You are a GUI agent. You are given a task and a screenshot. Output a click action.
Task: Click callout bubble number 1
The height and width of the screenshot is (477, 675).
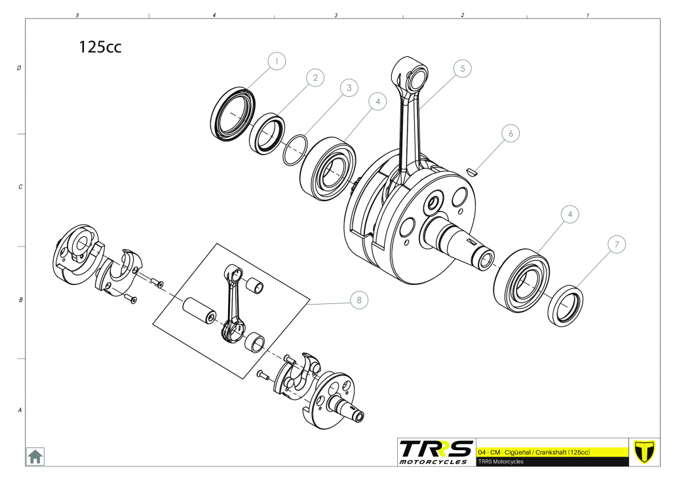tap(277, 61)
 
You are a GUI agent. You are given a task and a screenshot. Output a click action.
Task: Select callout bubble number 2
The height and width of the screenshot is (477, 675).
tap(315, 77)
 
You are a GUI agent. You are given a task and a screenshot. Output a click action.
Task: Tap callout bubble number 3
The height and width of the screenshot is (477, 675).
tap(349, 88)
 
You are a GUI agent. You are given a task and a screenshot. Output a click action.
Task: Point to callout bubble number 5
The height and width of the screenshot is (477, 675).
tap(463, 68)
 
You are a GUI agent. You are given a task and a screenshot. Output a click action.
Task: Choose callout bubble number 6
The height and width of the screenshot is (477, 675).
tap(511, 134)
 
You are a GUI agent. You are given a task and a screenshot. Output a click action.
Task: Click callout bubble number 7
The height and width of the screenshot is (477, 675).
tap(617, 244)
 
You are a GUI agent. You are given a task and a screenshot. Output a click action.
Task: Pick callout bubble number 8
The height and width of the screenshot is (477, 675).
tap(360, 299)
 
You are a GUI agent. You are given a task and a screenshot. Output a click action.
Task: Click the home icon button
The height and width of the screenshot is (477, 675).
tap(35, 456)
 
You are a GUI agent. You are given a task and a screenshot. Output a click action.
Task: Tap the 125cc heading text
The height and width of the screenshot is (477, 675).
tap(100, 47)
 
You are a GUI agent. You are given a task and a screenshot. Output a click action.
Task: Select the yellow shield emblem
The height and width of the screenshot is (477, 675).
tap(644, 452)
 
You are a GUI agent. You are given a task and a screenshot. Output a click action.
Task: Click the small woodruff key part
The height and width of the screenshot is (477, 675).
tap(472, 172)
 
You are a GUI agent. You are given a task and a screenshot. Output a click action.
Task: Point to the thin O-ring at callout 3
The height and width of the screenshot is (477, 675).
tap(296, 150)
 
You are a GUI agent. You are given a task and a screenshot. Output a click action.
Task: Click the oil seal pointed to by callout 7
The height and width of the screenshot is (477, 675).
tap(566, 305)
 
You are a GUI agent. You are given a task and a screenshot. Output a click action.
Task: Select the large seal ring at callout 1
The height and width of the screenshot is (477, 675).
tap(233, 113)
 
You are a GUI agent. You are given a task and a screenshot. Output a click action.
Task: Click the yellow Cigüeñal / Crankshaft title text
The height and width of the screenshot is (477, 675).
tap(534, 453)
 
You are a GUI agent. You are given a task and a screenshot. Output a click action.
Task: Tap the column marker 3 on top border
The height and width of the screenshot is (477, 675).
tap(336, 15)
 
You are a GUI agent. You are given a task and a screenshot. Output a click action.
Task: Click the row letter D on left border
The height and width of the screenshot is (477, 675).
tap(19, 68)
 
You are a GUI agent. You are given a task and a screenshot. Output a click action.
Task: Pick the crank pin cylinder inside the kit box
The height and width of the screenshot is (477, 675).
tap(199, 311)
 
